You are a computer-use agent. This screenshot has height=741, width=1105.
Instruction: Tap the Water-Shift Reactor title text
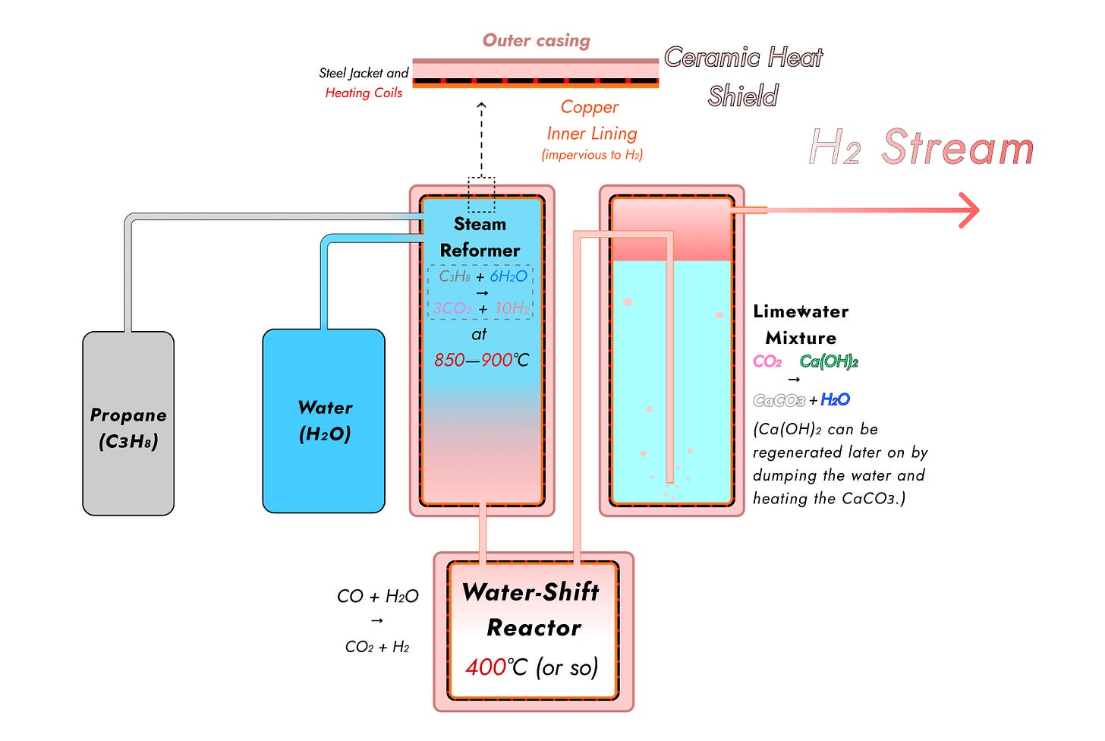pos(532,610)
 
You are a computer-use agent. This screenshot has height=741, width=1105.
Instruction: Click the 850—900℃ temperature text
pos(481,360)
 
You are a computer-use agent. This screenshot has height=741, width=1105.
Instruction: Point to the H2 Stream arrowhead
pos(969,210)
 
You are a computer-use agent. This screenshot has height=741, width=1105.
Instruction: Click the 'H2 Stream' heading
pos(921,147)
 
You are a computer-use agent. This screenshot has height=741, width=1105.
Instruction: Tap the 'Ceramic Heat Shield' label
pos(743,77)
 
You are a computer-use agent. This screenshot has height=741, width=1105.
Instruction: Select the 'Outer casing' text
pos(536,40)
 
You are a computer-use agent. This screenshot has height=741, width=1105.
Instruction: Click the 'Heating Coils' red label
pos(364,93)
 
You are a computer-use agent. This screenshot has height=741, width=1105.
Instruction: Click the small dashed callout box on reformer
pos(481,194)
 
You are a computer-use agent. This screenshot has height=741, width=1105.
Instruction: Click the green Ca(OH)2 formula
pos(829,361)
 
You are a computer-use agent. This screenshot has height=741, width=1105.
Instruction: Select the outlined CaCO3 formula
pos(779,400)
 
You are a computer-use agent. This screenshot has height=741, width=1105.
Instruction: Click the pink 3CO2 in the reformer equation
pos(452,308)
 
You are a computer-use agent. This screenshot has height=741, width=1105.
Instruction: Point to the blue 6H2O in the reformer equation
pos(508,276)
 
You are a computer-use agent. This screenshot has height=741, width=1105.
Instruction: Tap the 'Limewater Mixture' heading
pos(801,324)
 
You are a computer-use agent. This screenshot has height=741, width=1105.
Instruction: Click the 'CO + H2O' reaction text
pos(377,596)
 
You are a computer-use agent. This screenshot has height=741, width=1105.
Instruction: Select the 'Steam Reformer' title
pos(480,237)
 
